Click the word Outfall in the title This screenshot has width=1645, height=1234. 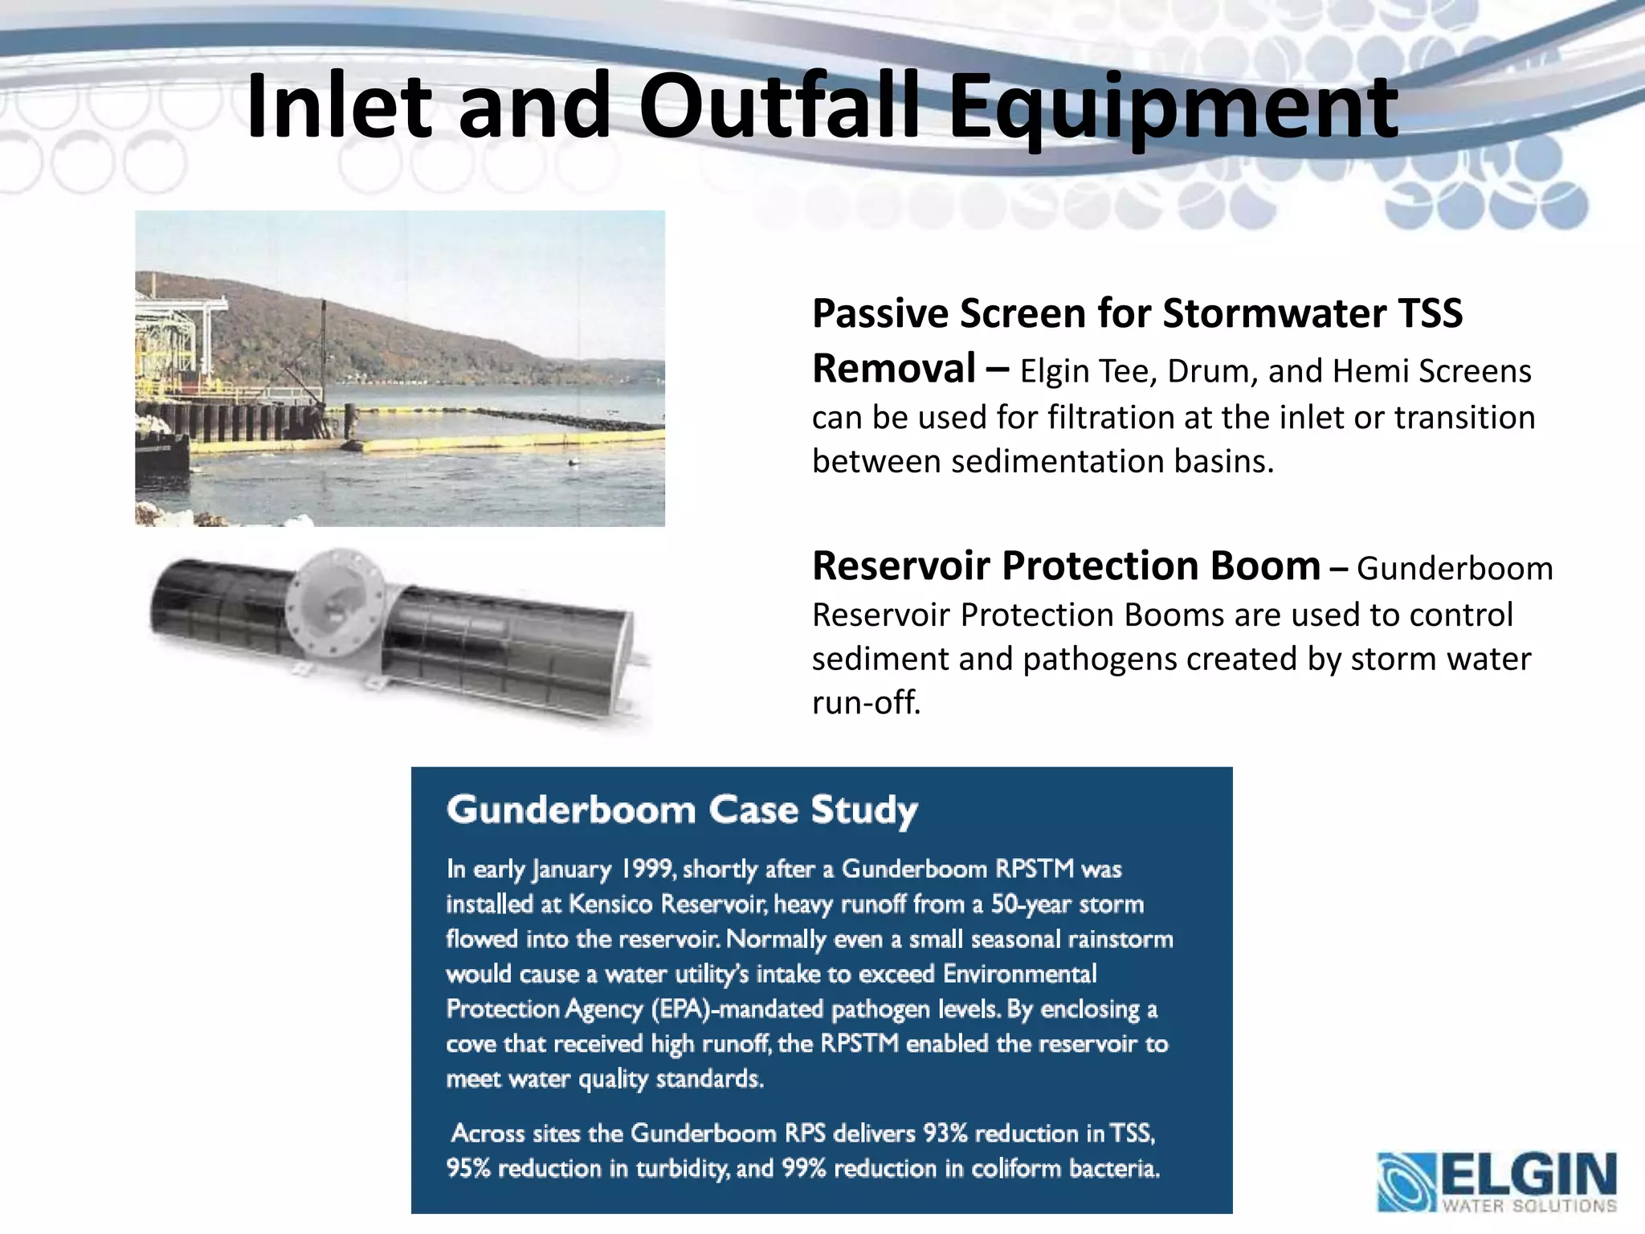point(778,107)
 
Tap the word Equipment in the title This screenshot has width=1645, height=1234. point(1173,107)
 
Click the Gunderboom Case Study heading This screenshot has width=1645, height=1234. point(682,810)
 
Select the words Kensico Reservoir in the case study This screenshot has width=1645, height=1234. point(666,905)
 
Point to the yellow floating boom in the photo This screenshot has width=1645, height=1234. point(514,441)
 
